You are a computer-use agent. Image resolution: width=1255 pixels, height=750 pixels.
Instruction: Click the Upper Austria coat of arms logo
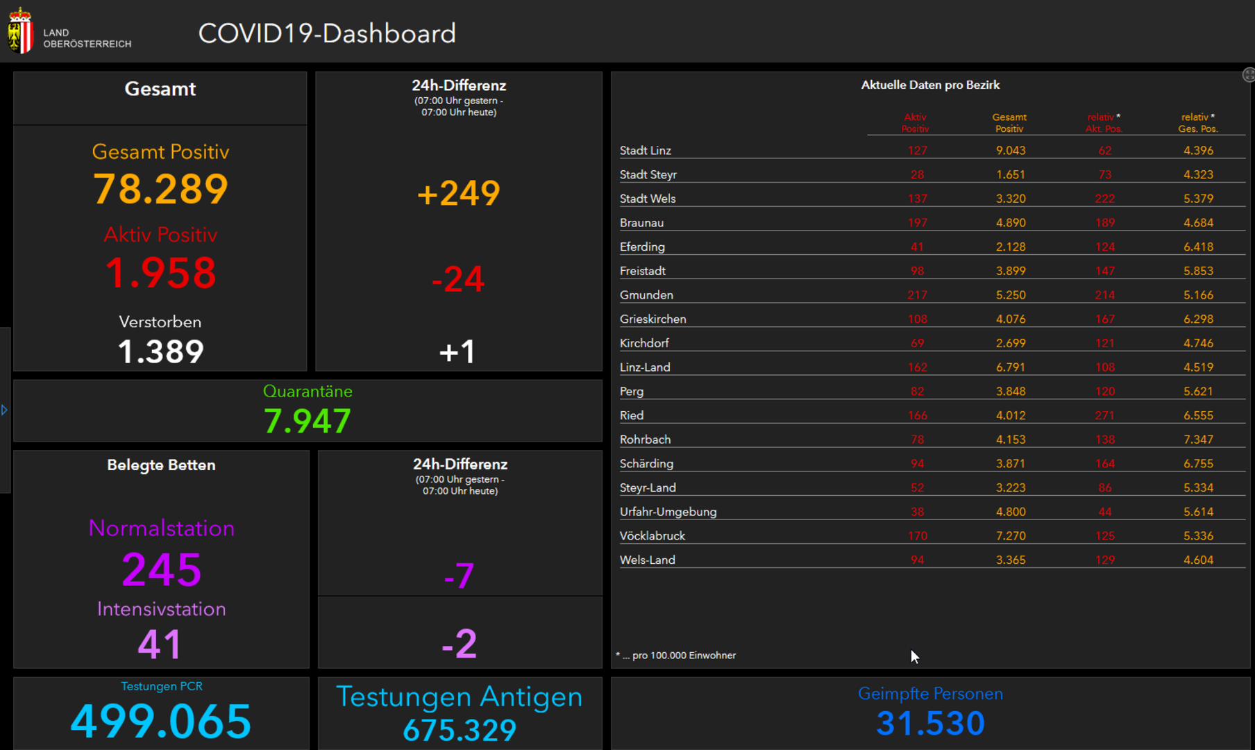[20, 31]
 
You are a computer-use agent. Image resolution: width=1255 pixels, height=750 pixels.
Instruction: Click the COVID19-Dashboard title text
[327, 33]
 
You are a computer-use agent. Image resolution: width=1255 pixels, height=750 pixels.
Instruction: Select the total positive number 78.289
[160, 189]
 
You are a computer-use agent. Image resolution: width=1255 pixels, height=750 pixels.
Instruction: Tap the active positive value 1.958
[160, 272]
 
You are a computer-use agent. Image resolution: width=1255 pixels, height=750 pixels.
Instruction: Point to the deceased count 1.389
[160, 351]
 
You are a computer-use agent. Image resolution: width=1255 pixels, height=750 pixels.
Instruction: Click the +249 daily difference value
[458, 193]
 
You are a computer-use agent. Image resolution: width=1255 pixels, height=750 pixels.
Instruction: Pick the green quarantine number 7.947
[307, 421]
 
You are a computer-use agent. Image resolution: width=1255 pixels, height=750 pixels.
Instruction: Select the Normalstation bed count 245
[162, 569]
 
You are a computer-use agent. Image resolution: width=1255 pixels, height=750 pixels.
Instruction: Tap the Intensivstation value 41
[160, 644]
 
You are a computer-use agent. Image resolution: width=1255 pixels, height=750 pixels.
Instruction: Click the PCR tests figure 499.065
[160, 721]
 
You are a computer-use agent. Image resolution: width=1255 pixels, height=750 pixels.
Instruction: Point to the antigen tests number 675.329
[460, 730]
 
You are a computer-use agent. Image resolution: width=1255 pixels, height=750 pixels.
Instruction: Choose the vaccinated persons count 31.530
[930, 723]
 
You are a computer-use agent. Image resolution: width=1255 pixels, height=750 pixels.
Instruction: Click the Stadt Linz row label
[646, 151]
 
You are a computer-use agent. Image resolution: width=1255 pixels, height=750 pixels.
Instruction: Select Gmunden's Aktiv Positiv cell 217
[917, 295]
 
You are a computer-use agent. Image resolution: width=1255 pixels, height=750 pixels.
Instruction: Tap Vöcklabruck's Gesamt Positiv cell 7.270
[1011, 536]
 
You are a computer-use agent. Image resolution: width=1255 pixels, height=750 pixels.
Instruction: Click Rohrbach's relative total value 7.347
[1198, 440]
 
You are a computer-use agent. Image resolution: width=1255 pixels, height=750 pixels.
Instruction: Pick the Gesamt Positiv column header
[1009, 123]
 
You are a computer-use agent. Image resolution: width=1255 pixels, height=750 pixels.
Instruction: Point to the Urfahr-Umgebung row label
[668, 512]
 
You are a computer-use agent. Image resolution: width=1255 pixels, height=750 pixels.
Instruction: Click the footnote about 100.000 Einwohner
[677, 656]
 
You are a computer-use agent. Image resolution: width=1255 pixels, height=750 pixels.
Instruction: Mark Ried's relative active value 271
[1104, 415]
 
